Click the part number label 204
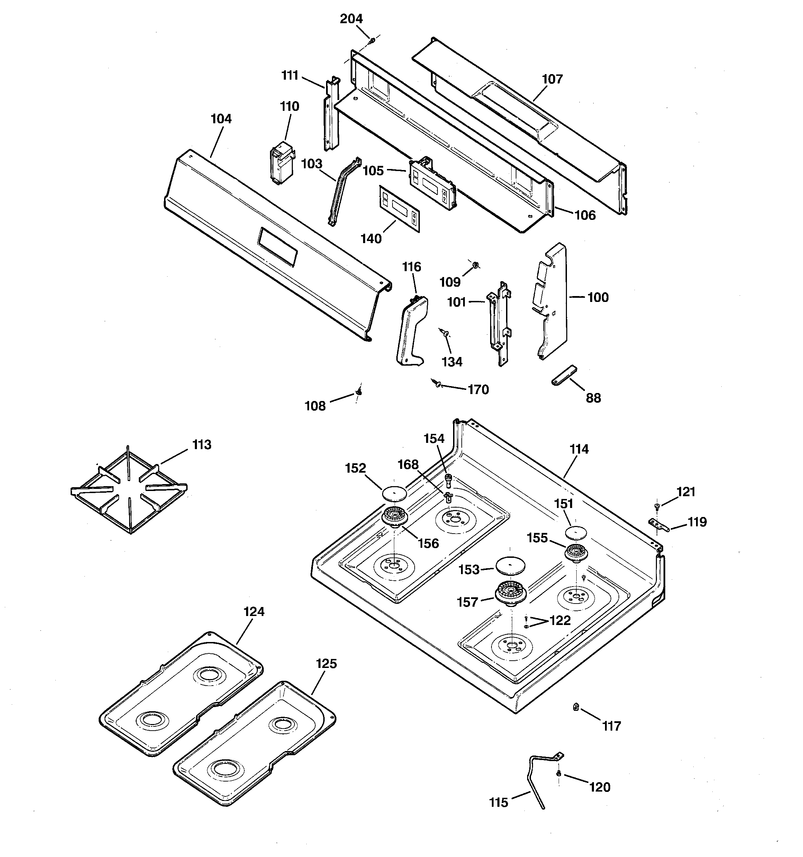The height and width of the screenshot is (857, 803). tap(351, 19)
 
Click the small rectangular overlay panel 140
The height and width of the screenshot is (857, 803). tap(399, 209)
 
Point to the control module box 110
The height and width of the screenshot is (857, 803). tap(281, 164)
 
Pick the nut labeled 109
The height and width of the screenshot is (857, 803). tap(476, 264)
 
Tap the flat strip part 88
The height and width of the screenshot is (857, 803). tap(564, 375)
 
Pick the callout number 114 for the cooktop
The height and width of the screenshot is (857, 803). tap(579, 449)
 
